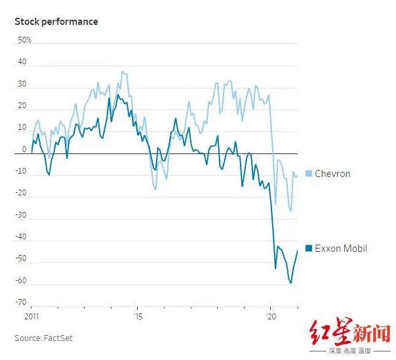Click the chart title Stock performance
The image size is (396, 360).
pos(56,22)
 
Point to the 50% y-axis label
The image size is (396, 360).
pos(24,40)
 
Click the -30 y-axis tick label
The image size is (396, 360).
pos(21,215)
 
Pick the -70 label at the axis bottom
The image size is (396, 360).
pos(21,302)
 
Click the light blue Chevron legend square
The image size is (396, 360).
pos(308,174)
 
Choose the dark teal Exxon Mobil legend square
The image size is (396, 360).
pos(308,249)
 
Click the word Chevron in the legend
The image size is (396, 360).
pos(332,174)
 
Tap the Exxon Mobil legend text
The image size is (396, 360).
pos(341,249)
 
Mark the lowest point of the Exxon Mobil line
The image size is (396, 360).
pos(290,283)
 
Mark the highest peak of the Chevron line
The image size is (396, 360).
pos(121,71)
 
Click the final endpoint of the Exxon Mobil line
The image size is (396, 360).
pos(298,250)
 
